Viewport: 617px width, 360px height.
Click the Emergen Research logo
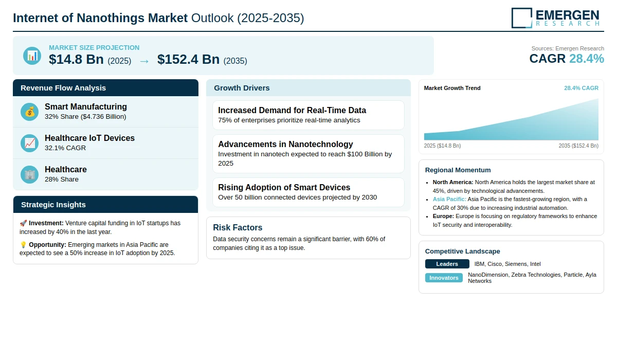tap(555, 17)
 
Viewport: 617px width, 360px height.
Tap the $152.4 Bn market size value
tap(188, 60)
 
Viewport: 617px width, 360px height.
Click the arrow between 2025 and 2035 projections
tap(144, 61)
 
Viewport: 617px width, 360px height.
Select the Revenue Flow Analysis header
tap(63, 88)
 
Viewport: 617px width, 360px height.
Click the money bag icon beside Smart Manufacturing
tap(30, 112)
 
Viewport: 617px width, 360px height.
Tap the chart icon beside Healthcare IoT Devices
tap(30, 143)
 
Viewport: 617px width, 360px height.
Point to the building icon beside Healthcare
tap(30, 174)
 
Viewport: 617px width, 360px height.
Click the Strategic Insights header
tap(53, 205)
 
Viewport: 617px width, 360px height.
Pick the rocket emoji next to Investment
tap(23, 223)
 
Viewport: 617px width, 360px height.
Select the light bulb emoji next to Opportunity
tap(23, 245)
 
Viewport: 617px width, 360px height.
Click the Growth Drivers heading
tap(242, 88)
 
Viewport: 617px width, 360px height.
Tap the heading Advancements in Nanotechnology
tap(285, 144)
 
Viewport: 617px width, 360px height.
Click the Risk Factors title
tap(238, 227)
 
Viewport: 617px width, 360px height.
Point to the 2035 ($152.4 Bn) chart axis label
tap(578, 146)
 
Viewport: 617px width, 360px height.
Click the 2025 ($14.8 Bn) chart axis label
tap(442, 146)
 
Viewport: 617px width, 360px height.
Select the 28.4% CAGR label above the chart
tap(581, 88)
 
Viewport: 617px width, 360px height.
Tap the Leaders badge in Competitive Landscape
tap(447, 264)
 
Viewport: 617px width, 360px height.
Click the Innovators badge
tap(444, 278)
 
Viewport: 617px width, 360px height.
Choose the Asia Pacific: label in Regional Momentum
tap(449, 199)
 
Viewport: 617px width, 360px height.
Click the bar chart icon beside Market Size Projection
tap(32, 56)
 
